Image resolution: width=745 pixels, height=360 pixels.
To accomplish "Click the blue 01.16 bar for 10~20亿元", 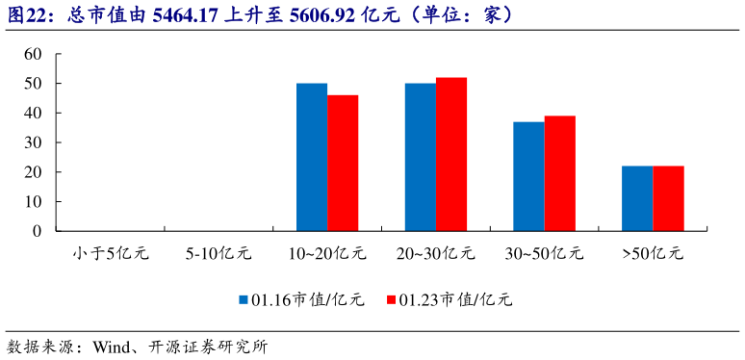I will click(x=312, y=157).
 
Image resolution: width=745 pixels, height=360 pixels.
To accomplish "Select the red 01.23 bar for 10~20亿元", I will click(x=343, y=163).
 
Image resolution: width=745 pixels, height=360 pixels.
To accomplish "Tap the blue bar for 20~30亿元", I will click(x=420, y=157).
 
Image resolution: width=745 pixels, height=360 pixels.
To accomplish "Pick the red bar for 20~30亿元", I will click(x=451, y=154).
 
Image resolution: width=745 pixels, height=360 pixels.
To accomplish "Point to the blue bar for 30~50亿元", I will click(x=528, y=176).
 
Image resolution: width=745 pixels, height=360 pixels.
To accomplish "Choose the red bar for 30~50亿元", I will click(x=560, y=173).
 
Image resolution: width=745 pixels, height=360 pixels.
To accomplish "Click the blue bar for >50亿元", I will click(x=637, y=198).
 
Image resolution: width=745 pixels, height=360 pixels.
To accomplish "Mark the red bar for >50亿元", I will click(x=668, y=198).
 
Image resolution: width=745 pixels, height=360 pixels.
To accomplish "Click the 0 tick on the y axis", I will click(x=38, y=231).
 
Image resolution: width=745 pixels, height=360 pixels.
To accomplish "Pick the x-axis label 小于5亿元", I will click(x=111, y=254).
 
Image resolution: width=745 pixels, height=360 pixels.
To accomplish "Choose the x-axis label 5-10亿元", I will click(x=218, y=254).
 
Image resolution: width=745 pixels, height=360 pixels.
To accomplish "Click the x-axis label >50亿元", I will click(x=653, y=254).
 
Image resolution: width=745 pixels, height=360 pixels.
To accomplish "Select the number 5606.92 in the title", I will click(x=321, y=15).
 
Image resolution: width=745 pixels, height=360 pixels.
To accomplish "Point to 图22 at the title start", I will click(x=26, y=15).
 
